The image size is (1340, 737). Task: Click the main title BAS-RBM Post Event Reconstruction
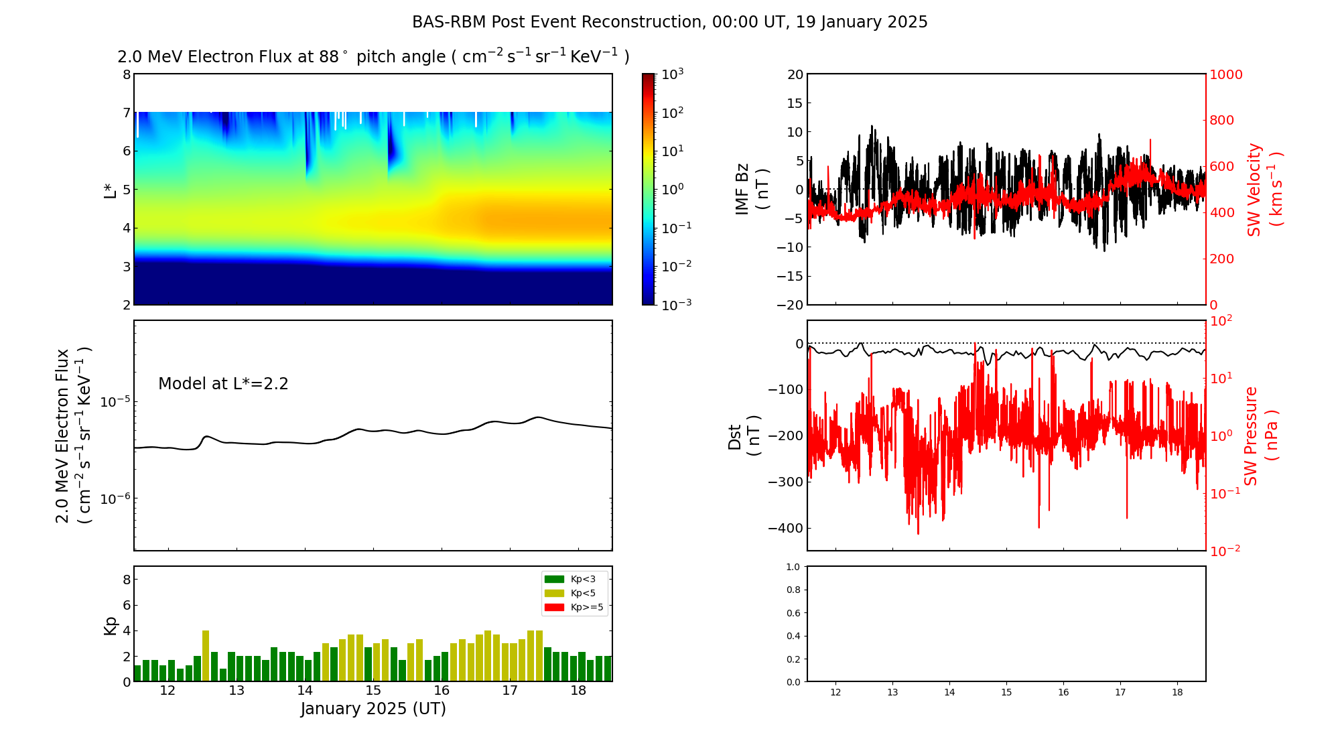669,22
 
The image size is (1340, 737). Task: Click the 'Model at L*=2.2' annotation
223,384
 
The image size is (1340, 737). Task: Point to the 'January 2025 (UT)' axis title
373,709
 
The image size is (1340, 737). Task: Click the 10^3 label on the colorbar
673,74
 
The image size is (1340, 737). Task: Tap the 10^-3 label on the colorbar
675,304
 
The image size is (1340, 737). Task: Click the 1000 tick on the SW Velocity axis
1225,75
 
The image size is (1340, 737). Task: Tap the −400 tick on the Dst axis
785,528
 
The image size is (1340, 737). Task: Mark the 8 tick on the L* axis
126,74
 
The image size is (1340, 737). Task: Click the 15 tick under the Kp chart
373,691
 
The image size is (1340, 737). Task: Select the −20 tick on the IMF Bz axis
789,305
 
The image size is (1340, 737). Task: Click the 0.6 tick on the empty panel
793,613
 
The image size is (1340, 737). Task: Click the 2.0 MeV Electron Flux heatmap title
373,57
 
